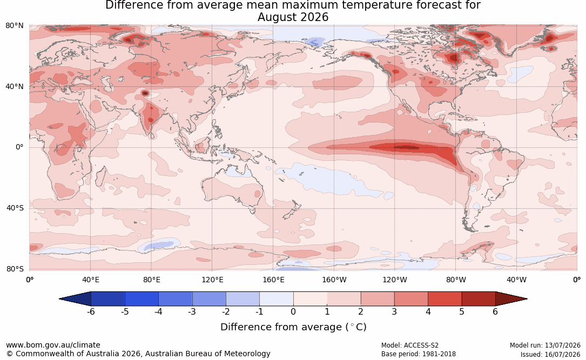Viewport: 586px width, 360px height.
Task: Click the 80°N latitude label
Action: tap(14, 26)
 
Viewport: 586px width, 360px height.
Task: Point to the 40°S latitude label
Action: tap(15, 208)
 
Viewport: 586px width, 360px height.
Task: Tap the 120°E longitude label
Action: tap(212, 280)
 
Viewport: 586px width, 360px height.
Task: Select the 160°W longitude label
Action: tap(334, 280)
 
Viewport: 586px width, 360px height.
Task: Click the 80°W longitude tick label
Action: tap(456, 280)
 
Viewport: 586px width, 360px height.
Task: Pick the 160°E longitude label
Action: tap(273, 280)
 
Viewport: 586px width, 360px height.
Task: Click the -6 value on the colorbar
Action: tap(90, 311)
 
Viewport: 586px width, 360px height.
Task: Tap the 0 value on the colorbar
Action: tap(293, 311)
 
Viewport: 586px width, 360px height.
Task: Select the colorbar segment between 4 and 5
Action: tap(444, 299)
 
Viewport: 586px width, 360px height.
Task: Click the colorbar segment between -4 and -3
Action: tap(176, 299)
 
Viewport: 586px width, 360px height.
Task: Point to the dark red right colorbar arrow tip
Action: tap(527, 299)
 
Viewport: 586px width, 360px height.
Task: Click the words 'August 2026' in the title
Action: tap(293, 17)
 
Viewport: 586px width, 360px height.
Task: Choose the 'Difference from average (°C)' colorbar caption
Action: tap(293, 327)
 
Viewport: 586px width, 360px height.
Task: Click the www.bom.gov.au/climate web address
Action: tap(53, 345)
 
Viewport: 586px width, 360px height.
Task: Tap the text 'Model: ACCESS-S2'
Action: tap(409, 345)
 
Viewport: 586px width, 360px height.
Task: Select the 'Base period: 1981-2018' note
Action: tap(418, 354)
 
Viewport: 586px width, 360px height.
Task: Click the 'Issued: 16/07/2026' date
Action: tap(550, 354)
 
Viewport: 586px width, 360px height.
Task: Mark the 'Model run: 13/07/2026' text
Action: tap(545, 345)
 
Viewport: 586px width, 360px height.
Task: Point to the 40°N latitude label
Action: tap(14, 87)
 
